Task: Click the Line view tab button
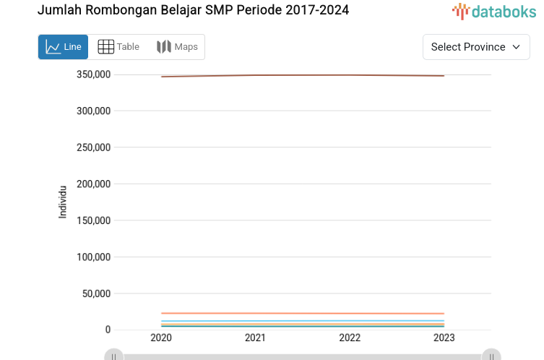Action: coord(63,47)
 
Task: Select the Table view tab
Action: coord(118,47)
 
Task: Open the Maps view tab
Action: coord(177,47)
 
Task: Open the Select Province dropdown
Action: coord(475,47)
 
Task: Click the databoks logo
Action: coord(494,11)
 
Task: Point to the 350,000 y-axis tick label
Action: coord(93,74)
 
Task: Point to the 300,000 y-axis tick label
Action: coord(93,111)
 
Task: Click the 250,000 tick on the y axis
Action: coord(93,147)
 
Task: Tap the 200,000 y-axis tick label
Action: coord(93,184)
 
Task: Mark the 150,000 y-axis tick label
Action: coord(93,220)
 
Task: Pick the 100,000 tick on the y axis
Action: coord(93,257)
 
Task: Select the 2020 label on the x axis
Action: coord(160,338)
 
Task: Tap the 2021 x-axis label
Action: coord(255,338)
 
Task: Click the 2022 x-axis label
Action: coord(350,338)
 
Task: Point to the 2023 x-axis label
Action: coord(444,338)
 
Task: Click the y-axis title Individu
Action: coord(63,202)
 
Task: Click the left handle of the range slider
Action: coord(113,355)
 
